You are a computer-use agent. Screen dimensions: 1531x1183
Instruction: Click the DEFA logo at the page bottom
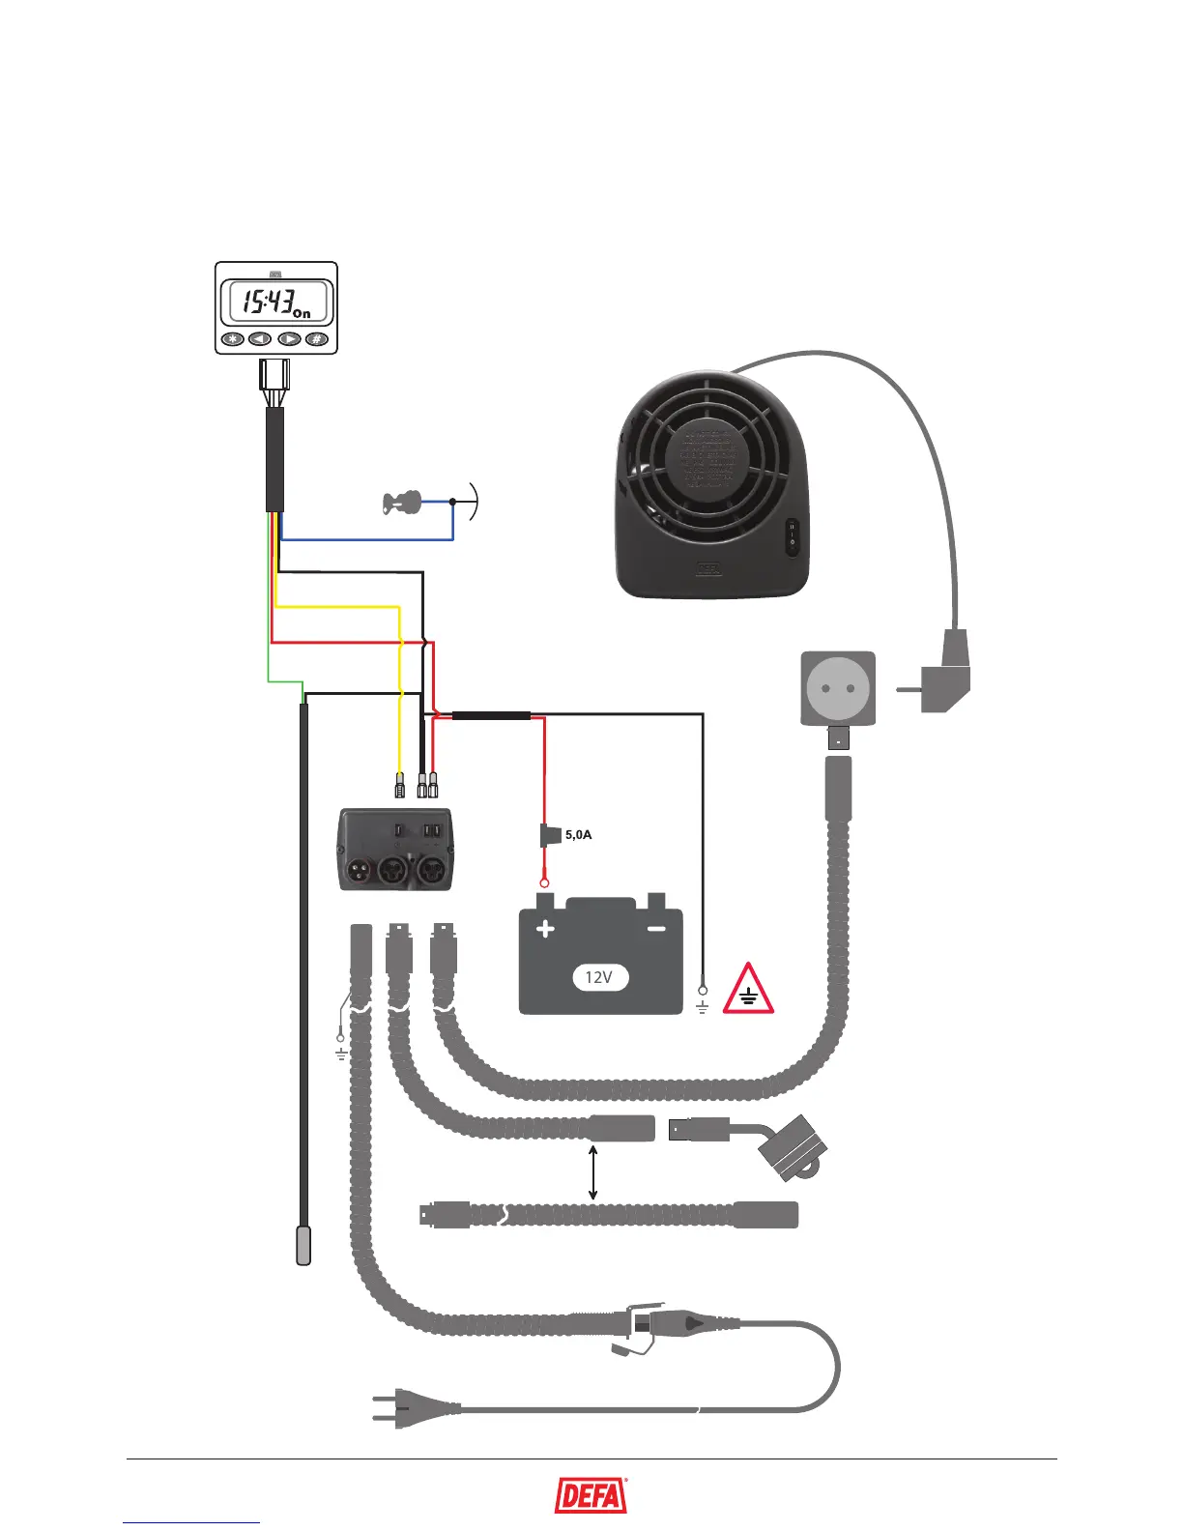click(x=591, y=1496)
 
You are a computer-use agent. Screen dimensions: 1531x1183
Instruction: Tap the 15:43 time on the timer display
click(x=268, y=303)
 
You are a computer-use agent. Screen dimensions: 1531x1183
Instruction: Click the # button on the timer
click(x=315, y=339)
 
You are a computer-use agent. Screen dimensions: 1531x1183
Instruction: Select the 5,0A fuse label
click(x=578, y=834)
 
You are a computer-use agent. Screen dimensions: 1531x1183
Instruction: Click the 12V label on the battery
click(x=599, y=977)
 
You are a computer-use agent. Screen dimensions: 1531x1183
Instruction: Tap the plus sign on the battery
click(x=545, y=929)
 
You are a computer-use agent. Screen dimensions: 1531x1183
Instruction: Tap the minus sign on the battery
click(x=656, y=929)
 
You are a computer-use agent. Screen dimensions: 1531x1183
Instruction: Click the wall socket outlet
click(x=838, y=688)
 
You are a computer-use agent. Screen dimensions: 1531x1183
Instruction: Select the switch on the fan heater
click(x=792, y=534)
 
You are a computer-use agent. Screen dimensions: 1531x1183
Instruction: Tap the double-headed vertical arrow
click(x=592, y=1172)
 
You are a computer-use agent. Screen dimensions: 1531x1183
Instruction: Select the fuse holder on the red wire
click(x=547, y=834)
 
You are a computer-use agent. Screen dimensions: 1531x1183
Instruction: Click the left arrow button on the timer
click(x=260, y=339)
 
